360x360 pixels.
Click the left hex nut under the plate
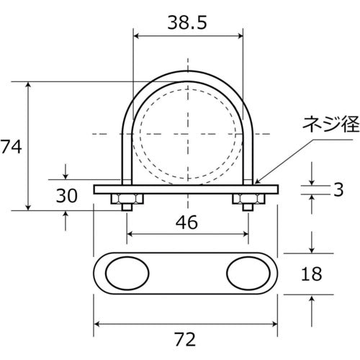tap(127, 199)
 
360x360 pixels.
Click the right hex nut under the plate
tap(246, 199)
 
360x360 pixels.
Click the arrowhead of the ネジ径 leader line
tap(255, 182)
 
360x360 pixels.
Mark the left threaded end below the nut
tap(127, 208)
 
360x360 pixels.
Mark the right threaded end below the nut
tap(246, 208)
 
